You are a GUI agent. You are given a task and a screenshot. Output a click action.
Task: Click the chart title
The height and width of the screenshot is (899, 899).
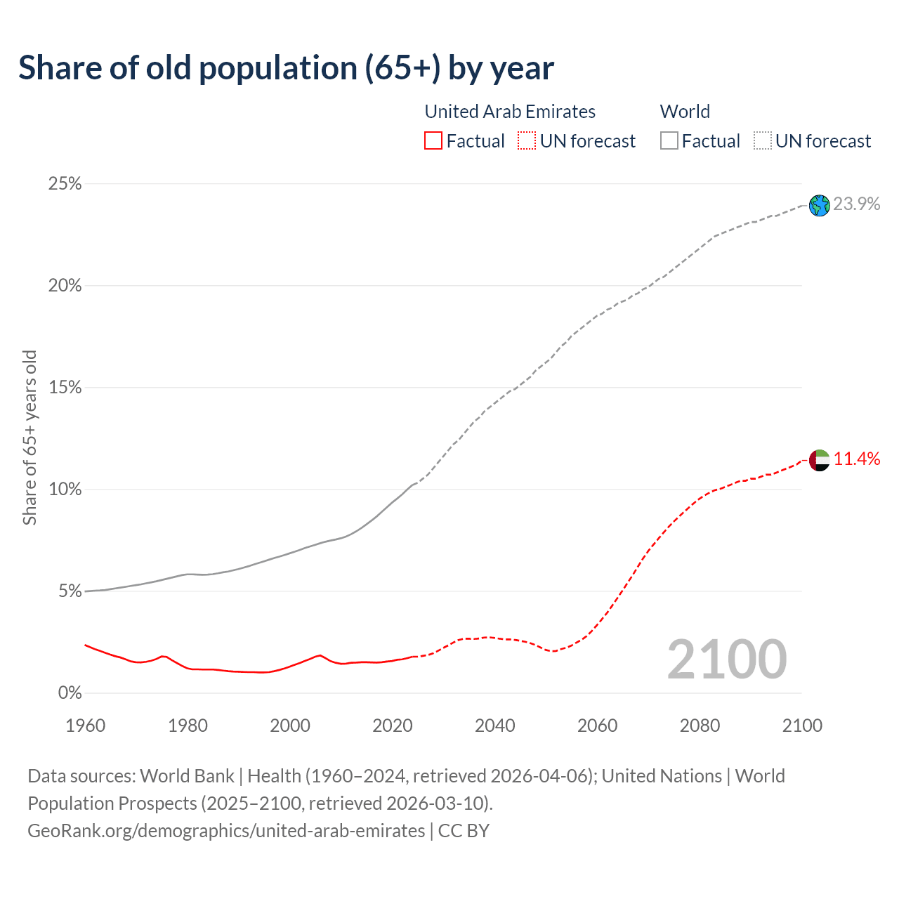(286, 68)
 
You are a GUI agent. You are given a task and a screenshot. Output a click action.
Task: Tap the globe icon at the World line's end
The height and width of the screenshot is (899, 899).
(819, 205)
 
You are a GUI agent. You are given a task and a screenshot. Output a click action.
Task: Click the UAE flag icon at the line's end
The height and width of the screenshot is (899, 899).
(819, 461)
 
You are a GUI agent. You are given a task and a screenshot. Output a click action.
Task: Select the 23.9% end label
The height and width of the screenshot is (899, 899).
(856, 204)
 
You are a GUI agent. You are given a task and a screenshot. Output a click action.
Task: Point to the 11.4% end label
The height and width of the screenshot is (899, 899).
(856, 459)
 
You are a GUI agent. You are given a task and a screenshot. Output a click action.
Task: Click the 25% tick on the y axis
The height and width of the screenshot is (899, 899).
(65, 184)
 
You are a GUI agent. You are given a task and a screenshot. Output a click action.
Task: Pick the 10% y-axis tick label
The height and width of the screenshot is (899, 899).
(65, 490)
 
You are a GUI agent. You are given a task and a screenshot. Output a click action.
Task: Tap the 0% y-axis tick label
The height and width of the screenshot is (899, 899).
(70, 693)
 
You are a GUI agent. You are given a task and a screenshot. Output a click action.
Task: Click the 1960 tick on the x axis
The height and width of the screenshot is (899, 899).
(85, 726)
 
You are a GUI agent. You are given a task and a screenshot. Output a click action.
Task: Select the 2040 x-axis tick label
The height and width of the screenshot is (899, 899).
(494, 726)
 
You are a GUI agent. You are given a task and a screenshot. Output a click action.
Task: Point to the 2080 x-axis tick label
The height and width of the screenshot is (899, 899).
(700, 726)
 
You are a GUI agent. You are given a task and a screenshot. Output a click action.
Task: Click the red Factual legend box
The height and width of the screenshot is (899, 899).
(433, 141)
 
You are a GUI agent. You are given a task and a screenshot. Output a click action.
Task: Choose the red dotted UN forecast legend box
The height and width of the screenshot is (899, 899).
(527, 141)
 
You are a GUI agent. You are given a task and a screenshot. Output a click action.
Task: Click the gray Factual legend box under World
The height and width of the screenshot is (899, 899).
(669, 141)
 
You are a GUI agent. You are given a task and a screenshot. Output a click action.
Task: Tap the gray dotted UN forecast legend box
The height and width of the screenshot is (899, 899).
(762, 141)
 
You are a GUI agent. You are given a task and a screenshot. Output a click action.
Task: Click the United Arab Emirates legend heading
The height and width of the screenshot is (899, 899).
(510, 112)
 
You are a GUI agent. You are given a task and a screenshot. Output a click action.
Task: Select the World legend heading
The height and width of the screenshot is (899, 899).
(685, 112)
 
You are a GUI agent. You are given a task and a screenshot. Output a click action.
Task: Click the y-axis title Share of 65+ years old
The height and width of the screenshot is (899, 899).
(29, 437)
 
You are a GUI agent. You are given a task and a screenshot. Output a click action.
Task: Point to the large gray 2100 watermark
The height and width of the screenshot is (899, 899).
(727, 660)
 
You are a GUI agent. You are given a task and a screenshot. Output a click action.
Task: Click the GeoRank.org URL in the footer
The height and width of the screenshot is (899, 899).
(226, 831)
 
